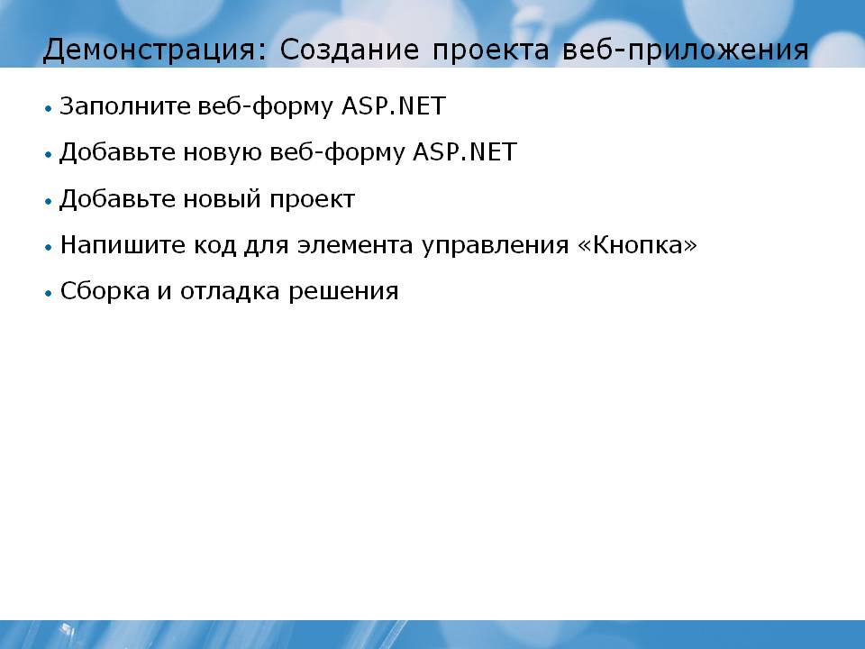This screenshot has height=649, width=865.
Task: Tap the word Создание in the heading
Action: [350, 50]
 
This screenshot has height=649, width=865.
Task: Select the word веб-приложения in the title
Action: [685, 50]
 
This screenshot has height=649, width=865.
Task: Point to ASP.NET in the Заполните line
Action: [394, 106]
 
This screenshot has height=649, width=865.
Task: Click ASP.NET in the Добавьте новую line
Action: [465, 151]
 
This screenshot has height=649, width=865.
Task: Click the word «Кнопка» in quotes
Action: [637, 244]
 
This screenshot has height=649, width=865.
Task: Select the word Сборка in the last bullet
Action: [105, 291]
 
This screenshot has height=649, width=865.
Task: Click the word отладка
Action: [230, 292]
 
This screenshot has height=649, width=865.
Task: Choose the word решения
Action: [343, 292]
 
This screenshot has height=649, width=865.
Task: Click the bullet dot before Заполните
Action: [49, 109]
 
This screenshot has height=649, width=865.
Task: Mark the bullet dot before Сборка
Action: [49, 294]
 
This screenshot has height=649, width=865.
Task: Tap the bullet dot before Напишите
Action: [49, 247]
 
